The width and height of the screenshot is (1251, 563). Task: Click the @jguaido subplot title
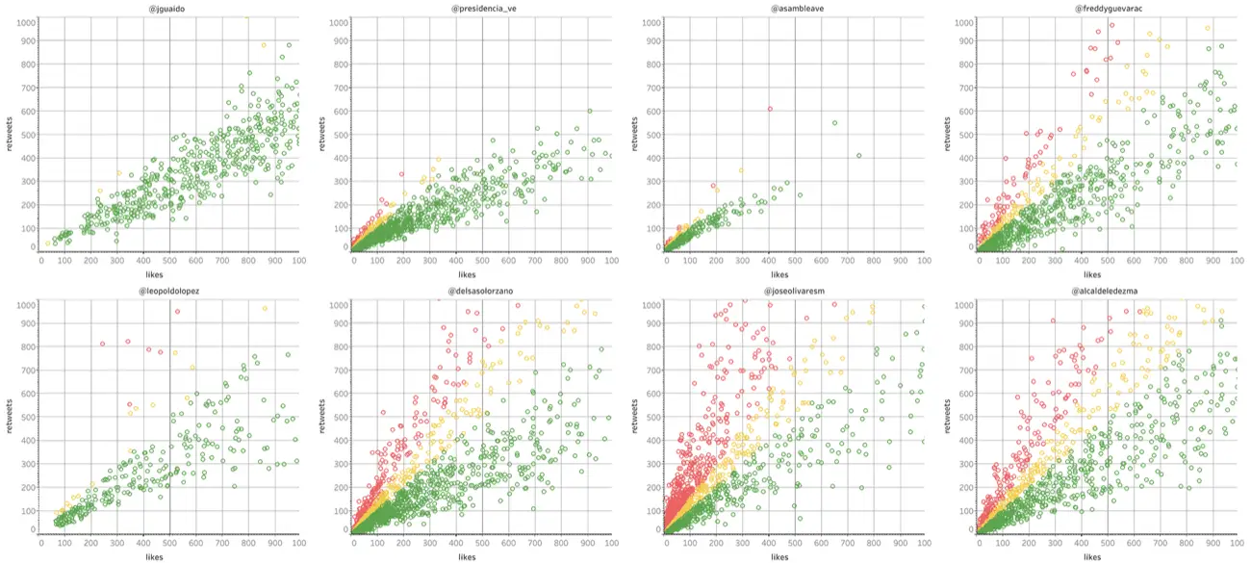pos(169,9)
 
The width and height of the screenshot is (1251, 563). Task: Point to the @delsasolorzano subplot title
pos(482,290)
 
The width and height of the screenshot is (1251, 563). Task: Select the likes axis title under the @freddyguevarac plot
pos(1107,273)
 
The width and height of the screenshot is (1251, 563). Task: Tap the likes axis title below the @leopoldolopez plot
pos(169,555)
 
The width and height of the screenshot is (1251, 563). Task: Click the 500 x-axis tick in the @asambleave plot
pos(795,260)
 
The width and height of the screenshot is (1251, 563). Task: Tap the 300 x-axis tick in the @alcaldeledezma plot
pos(1056,542)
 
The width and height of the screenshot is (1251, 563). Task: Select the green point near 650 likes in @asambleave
pos(834,122)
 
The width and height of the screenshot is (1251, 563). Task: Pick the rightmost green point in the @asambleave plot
pos(858,155)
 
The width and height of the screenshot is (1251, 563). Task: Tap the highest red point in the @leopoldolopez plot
pos(177,312)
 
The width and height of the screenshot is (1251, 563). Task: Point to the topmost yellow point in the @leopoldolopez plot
pos(265,308)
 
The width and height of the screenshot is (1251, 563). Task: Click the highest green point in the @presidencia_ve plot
pos(589,111)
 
